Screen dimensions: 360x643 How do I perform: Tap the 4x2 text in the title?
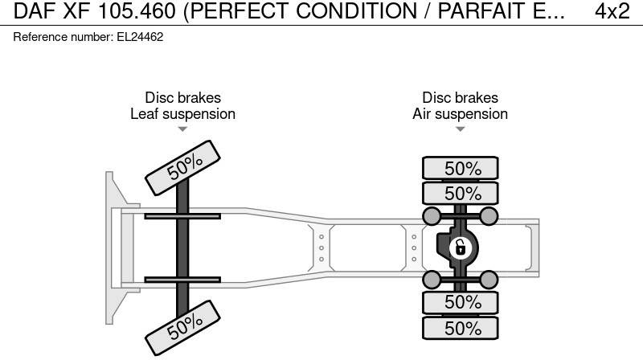point(612,11)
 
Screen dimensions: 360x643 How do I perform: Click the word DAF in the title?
point(37,11)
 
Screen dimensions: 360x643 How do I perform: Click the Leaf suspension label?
point(182,114)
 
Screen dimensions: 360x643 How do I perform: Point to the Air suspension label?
point(460,114)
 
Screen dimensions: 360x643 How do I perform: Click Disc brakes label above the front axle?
point(182,98)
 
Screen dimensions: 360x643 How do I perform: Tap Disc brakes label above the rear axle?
point(460,98)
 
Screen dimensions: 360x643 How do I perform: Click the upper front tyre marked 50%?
point(184,166)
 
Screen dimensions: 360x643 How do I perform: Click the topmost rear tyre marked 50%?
point(461,169)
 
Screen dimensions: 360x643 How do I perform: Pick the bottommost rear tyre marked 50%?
point(461,328)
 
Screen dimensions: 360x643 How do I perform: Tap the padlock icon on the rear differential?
point(460,247)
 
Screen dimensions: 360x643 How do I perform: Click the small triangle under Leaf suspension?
point(182,129)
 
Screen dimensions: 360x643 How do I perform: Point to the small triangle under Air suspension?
point(460,129)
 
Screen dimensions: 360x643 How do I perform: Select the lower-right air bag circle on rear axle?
point(488,279)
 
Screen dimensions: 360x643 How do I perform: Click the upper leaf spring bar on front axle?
point(182,216)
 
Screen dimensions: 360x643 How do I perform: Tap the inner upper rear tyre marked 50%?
point(461,194)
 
